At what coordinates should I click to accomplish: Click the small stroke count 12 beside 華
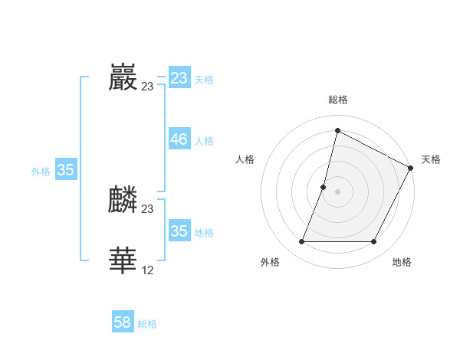[148, 270]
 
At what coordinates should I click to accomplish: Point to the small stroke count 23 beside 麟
[148, 209]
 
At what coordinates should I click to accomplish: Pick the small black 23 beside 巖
[148, 87]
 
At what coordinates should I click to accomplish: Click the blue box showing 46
[179, 139]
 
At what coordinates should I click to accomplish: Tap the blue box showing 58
[123, 322]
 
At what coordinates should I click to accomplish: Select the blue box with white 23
[179, 78]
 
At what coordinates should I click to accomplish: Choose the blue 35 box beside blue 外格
[65, 170]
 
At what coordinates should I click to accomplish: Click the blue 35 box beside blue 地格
[179, 231]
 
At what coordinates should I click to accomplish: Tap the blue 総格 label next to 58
[147, 324]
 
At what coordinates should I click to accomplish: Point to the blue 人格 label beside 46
[204, 141]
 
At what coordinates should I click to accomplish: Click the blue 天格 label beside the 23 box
[204, 80]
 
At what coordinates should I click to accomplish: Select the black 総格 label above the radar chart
[338, 100]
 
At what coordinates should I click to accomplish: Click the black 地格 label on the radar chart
[402, 263]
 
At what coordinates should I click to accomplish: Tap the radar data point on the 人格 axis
[324, 187]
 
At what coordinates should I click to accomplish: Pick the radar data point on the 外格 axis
[302, 242]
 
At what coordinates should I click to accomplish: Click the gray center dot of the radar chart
[338, 191]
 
